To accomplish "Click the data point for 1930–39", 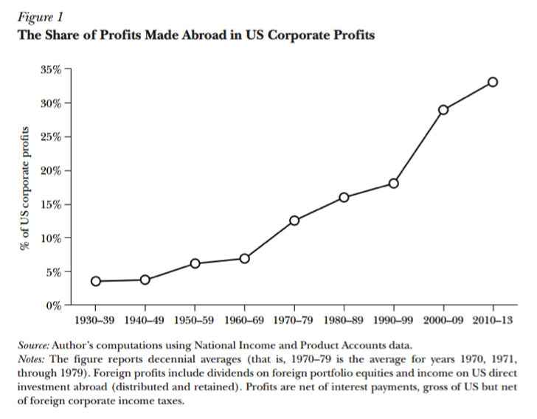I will [x=95, y=281].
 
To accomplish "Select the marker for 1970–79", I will [x=294, y=221].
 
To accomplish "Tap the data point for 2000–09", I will [x=443, y=110].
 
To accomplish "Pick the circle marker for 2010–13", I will [x=493, y=82].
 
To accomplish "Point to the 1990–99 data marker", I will [x=393, y=183].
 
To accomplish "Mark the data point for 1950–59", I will [x=195, y=263].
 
